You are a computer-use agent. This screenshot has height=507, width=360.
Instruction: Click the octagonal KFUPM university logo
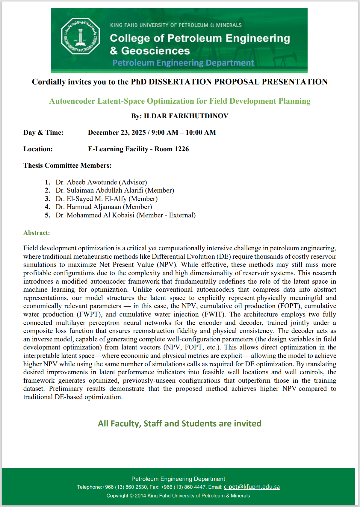[x=80, y=36]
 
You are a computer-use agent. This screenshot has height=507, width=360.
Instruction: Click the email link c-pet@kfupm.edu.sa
[x=252, y=487]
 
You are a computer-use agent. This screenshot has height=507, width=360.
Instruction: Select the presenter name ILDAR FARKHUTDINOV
[x=186, y=116]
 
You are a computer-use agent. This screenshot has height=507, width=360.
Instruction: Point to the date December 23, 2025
[x=117, y=133]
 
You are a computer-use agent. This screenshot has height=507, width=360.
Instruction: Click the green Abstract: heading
[x=37, y=233]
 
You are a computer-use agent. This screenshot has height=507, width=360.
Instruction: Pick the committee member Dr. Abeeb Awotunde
[x=86, y=182]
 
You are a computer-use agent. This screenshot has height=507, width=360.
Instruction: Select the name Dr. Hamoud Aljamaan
[x=88, y=207]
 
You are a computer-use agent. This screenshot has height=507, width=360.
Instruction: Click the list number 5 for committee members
[x=48, y=215]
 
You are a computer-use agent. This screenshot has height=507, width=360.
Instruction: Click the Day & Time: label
[x=43, y=133]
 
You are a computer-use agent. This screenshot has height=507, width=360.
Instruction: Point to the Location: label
[x=38, y=149]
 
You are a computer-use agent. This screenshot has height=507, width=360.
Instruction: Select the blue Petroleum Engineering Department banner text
[x=183, y=63]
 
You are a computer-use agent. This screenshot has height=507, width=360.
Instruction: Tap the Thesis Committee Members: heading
[x=67, y=166]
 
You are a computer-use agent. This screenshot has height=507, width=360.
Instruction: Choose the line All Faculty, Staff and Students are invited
[x=180, y=423]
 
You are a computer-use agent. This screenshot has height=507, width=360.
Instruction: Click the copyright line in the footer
[x=178, y=496]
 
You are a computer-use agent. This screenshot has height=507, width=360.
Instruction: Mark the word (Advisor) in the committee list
[x=133, y=182]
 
